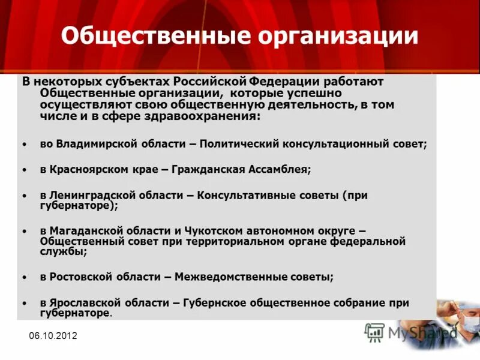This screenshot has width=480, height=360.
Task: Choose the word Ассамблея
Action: (278, 170)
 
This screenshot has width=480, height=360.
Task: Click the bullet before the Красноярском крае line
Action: (24, 170)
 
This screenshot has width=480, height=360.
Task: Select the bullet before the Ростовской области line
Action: (24, 278)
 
